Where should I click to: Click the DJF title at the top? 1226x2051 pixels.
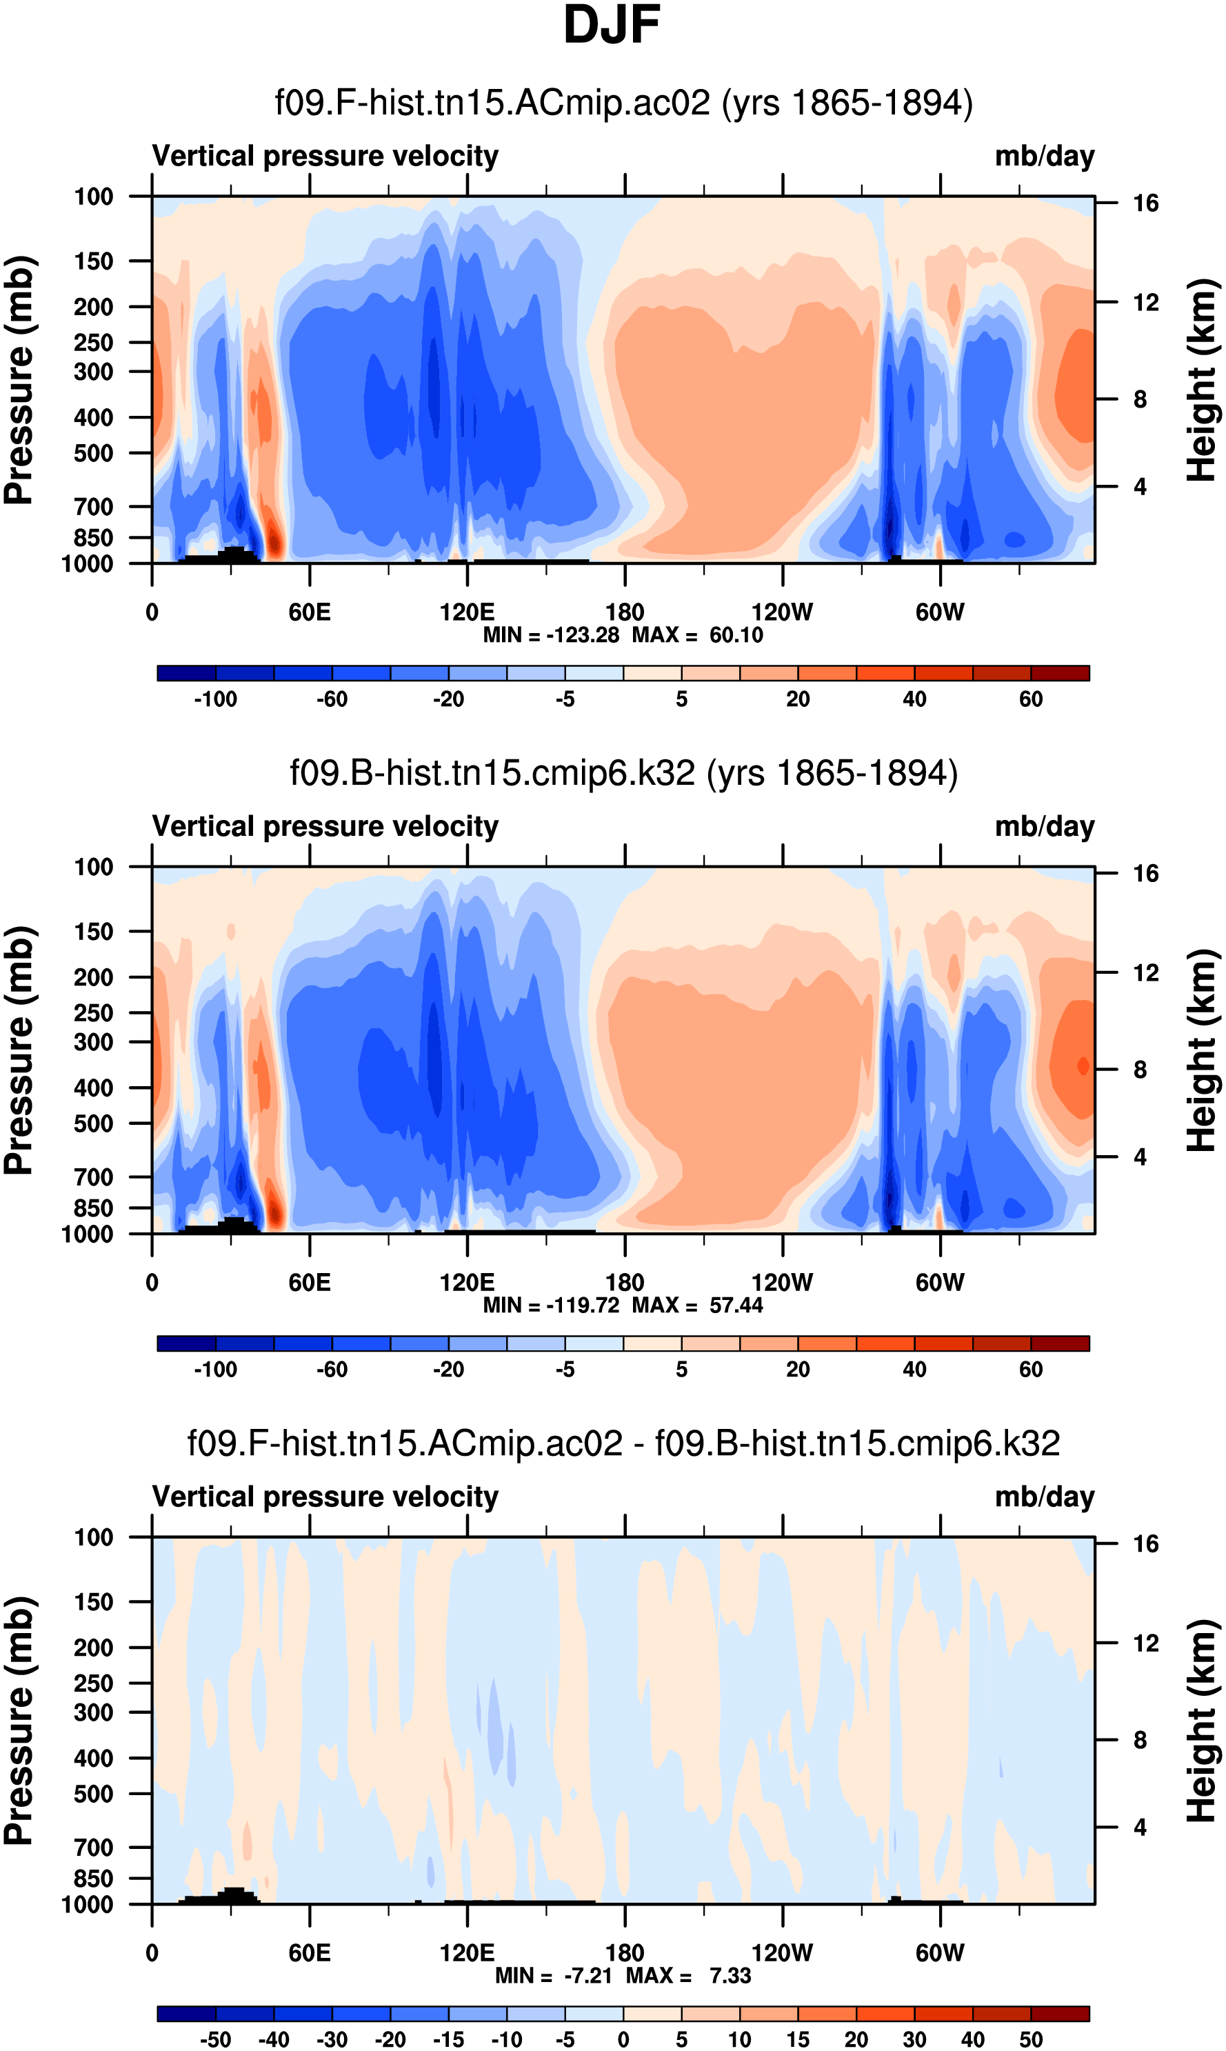pyautogui.click(x=612, y=25)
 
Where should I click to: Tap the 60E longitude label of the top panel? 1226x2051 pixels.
pyautogui.click(x=310, y=612)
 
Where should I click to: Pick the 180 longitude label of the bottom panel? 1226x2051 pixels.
pyautogui.click(x=625, y=1952)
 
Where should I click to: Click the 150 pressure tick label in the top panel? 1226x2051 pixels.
pyautogui.click(x=93, y=261)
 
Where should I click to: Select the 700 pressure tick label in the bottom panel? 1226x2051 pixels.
pyautogui.click(x=93, y=1847)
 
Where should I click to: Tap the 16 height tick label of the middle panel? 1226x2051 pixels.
pyautogui.click(x=1145, y=873)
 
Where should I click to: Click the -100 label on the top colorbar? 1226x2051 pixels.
pyautogui.click(x=216, y=699)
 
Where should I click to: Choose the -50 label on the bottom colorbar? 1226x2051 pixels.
pyautogui.click(x=216, y=2039)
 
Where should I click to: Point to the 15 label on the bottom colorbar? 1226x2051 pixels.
pyautogui.click(x=798, y=2039)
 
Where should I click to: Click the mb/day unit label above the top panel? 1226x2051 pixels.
pyautogui.click(x=1044, y=156)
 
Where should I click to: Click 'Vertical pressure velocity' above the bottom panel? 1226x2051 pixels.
pyautogui.click(x=325, y=1497)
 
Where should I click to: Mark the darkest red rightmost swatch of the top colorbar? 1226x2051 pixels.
pyautogui.click(x=1060, y=673)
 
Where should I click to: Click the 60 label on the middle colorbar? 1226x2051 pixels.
pyautogui.click(x=1030, y=1370)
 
